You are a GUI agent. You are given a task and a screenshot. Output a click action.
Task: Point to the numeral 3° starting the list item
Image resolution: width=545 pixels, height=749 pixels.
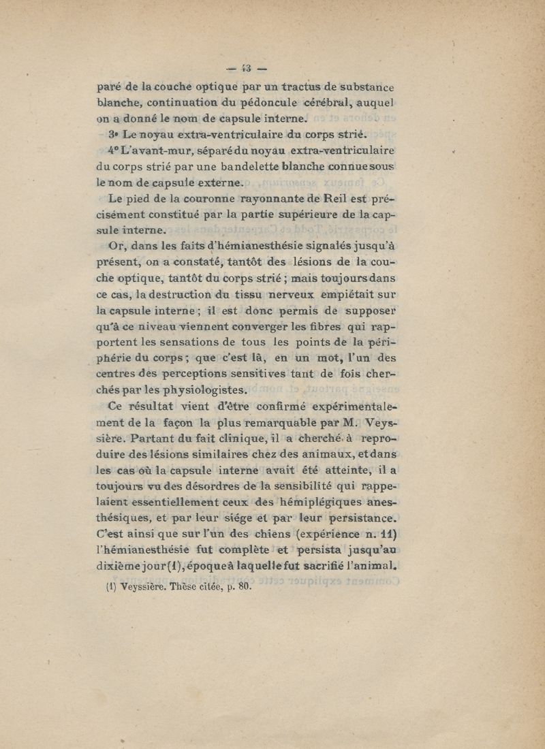pos(114,134)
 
